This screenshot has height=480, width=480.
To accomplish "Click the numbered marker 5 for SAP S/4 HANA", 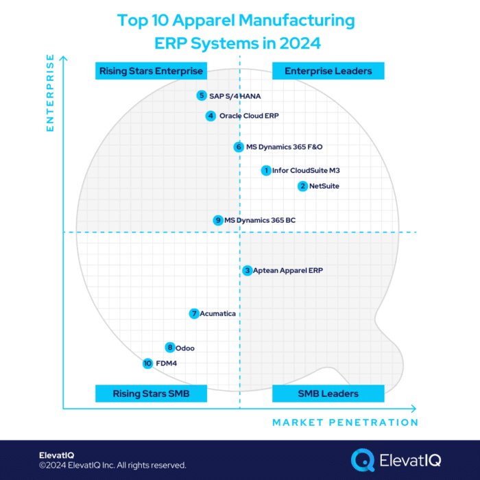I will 201,96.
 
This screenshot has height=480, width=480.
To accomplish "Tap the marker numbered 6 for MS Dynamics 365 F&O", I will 239,147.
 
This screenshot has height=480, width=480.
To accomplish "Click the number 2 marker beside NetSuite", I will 302,186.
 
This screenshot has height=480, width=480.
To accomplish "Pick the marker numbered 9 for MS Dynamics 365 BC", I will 218,220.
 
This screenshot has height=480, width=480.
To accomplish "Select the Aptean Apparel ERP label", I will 287,271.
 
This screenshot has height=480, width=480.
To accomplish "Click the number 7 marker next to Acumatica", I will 195,313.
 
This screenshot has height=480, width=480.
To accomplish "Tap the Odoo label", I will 185,348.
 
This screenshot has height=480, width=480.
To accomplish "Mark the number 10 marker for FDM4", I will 147,363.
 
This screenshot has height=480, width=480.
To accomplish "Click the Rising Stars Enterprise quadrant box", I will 151,71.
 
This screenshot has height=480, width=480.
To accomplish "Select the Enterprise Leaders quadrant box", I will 328,71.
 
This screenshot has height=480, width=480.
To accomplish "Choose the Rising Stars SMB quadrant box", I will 151,394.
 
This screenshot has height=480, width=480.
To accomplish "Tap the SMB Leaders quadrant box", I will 328,394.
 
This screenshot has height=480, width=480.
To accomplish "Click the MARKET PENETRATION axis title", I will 345,422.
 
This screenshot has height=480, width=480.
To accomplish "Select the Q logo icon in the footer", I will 362,459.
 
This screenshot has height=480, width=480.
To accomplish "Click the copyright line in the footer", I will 112,466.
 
